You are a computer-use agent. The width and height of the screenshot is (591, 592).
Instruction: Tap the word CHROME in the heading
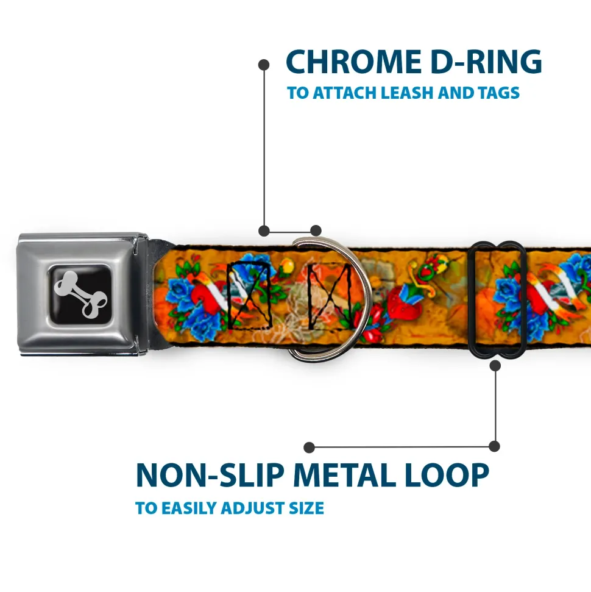pyautogui.click(x=353, y=62)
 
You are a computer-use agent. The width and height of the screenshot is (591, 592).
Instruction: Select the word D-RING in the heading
pyautogui.click(x=486, y=62)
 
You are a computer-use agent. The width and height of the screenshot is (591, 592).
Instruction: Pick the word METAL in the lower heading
pyautogui.click(x=345, y=475)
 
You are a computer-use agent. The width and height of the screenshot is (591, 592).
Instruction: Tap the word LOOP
pyautogui.click(x=447, y=475)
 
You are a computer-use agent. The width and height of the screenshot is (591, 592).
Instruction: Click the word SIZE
pyautogui.click(x=306, y=508)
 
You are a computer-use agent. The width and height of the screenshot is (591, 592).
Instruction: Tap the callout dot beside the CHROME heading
pyautogui.click(x=264, y=65)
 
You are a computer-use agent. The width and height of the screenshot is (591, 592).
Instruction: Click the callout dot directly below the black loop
pyautogui.click(x=495, y=365)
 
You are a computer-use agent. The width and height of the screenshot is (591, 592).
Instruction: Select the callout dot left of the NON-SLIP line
pyautogui.click(x=309, y=448)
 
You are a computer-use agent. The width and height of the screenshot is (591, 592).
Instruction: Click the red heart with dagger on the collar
pyautogui.click(x=404, y=307)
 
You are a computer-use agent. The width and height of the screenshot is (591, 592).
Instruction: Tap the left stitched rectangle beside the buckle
pyautogui.click(x=249, y=294)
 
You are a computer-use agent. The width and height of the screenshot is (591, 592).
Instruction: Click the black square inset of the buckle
pyautogui.click(x=81, y=294)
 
